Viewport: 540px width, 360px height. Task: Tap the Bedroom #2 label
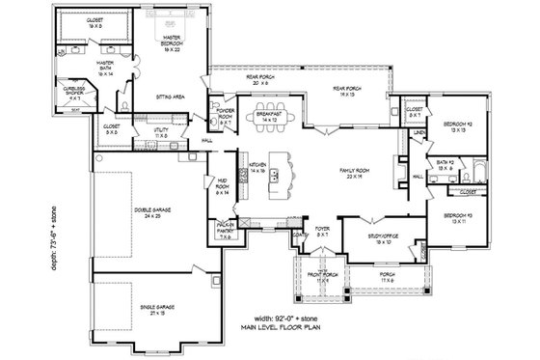457,127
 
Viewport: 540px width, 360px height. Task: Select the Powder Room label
227,115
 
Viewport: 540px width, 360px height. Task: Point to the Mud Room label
222,190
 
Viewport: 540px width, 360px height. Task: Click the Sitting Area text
171,97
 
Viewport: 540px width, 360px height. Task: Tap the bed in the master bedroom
174,19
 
